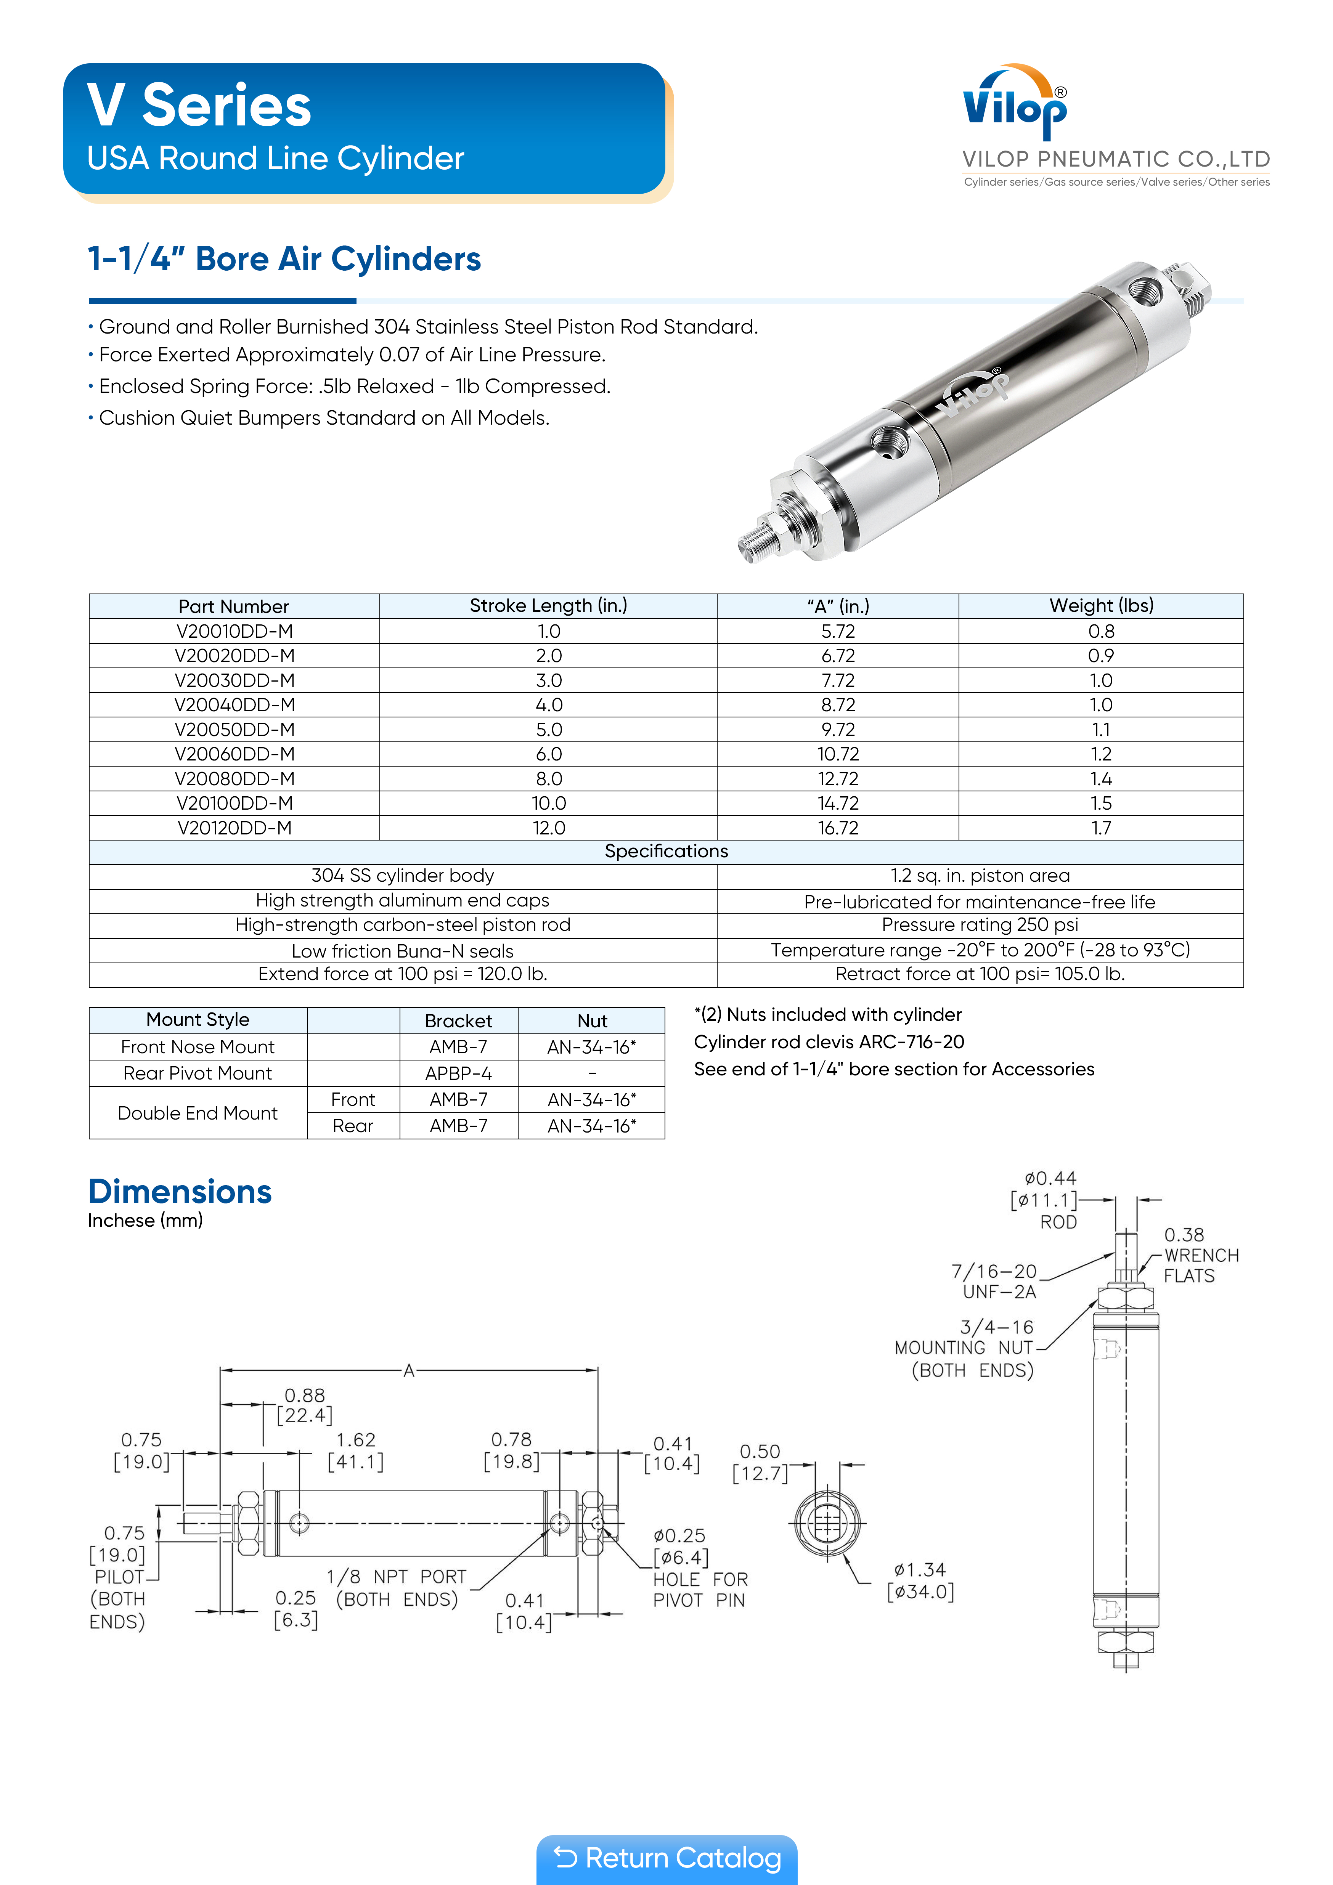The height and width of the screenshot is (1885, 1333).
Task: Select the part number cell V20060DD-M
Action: [x=234, y=754]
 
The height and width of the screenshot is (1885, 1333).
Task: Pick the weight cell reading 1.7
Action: [x=1100, y=828]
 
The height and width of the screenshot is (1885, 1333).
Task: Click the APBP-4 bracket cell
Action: [x=458, y=1073]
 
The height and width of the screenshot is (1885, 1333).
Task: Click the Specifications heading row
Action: [x=666, y=851]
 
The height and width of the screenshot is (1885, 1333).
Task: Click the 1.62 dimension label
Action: [x=356, y=1440]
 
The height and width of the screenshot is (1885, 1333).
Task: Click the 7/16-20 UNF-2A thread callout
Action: [x=995, y=1281]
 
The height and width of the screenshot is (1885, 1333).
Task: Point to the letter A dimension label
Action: [x=408, y=1370]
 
